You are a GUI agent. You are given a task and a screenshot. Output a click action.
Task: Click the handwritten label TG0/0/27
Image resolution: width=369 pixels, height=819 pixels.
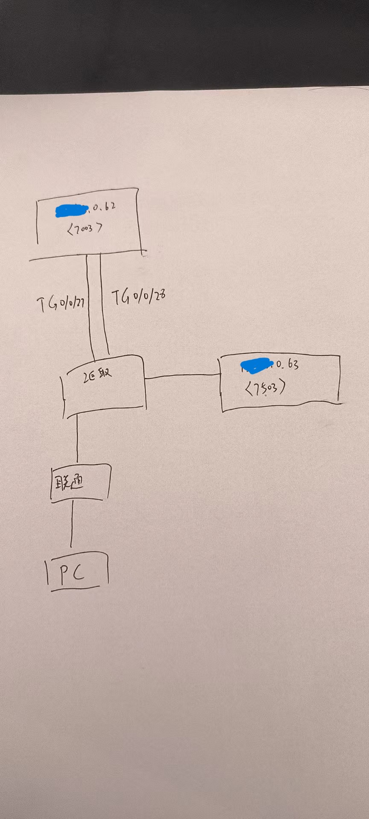click(x=61, y=304)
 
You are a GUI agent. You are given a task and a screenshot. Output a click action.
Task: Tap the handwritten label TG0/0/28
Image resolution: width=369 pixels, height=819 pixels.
click(x=138, y=297)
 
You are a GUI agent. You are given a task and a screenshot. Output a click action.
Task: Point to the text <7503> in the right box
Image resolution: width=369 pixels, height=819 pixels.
click(x=265, y=388)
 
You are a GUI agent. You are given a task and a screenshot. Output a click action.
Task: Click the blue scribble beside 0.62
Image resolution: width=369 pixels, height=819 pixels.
click(x=71, y=210)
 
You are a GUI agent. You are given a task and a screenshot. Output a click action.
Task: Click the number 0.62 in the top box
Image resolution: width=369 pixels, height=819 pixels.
click(x=102, y=207)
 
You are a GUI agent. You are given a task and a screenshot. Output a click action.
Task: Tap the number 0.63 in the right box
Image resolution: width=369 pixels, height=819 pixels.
click(x=287, y=364)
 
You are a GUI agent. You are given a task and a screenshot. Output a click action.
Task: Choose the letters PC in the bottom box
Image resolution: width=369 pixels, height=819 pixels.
click(x=72, y=574)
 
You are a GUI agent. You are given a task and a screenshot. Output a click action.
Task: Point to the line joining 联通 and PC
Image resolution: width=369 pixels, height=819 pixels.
click(x=71, y=524)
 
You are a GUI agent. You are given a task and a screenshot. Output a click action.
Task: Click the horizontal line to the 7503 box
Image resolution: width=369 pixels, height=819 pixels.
click(x=182, y=376)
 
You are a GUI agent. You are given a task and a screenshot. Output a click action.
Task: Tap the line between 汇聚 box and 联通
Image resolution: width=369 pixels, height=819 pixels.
click(x=77, y=439)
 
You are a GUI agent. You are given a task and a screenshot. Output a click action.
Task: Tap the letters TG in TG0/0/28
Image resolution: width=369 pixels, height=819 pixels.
click(x=120, y=297)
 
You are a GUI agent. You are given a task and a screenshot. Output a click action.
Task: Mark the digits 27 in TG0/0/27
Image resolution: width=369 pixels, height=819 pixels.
click(x=79, y=303)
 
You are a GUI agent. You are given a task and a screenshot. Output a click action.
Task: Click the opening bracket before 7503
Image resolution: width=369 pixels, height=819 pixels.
click(x=249, y=389)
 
